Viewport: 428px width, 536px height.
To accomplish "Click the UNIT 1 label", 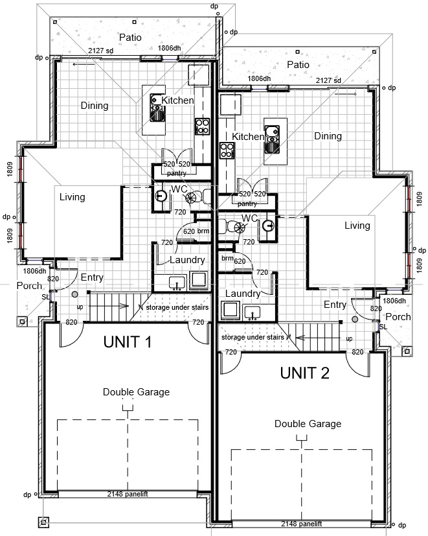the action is point(128,342).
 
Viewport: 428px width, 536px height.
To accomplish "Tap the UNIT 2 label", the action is point(305,373).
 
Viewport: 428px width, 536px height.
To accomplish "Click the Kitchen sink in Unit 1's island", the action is point(157,108).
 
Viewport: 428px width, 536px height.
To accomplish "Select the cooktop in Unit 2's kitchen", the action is point(227,150).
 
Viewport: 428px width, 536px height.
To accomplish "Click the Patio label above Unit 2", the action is point(298,65).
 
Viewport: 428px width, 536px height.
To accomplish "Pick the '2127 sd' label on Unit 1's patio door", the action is point(100,51).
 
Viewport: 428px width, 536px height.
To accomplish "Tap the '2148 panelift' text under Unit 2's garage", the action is point(301,524).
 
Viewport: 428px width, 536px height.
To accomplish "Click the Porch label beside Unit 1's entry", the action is point(29,285).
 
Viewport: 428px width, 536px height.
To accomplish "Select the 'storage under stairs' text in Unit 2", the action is point(253,337).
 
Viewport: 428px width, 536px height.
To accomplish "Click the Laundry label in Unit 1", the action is point(187,260).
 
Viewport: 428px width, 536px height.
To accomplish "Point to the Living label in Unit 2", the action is point(357,226).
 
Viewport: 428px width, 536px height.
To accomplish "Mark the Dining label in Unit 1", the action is point(95,106).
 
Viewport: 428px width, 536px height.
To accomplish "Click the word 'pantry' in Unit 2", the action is point(247,204).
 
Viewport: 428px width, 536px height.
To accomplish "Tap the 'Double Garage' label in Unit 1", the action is point(136,391).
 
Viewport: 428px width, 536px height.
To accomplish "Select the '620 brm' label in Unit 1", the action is point(196,231).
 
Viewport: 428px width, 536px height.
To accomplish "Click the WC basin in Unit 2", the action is point(268,226).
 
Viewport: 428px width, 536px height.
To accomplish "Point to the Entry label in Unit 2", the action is point(335,305).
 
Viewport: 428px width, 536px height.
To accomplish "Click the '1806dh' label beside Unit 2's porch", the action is point(394,301).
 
